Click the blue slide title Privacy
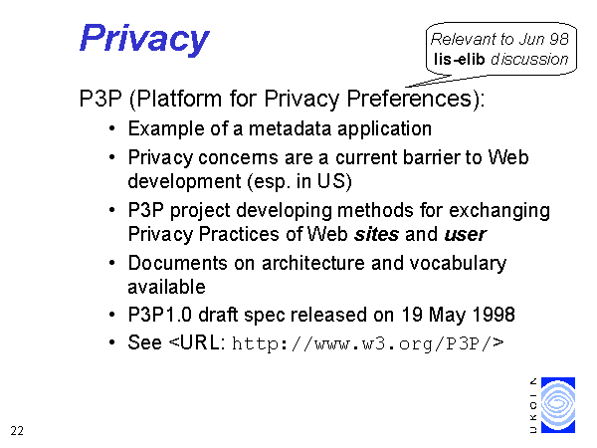click(144, 39)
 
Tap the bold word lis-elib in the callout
click(459, 59)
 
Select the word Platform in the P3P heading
click(179, 99)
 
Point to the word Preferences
click(409, 99)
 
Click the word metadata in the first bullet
click(291, 128)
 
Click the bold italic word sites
click(376, 234)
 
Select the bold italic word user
click(466, 235)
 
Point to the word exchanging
click(499, 211)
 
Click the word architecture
click(313, 263)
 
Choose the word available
click(167, 287)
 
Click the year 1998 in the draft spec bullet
click(494, 315)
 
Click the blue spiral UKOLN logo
click(558, 405)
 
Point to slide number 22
click(17, 431)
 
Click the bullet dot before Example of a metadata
click(111, 128)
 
